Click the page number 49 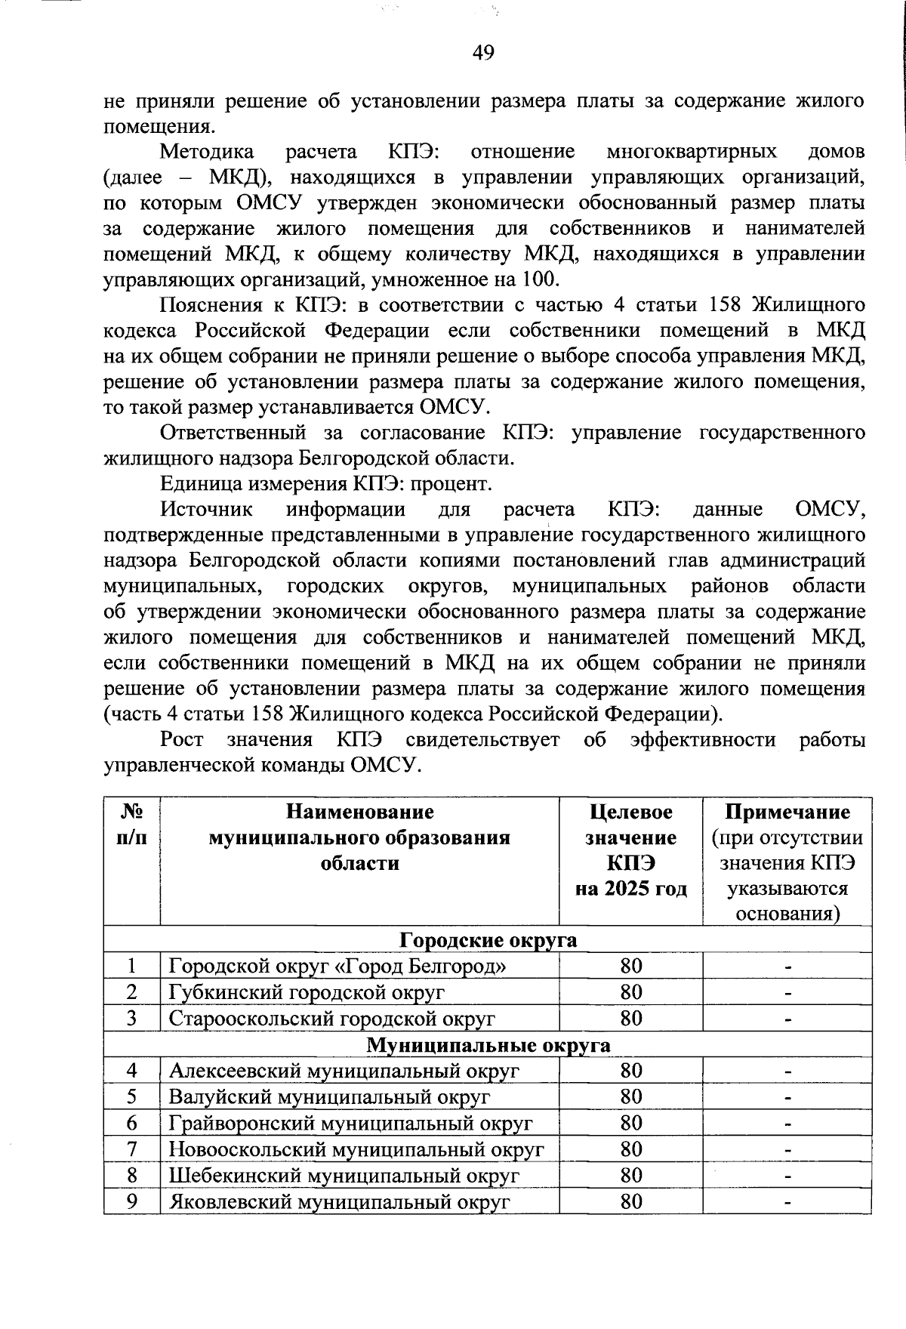482,52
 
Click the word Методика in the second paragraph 207,152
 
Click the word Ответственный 233,433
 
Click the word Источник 206,510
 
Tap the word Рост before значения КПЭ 181,739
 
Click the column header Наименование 359,812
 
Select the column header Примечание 787,812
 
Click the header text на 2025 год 630,888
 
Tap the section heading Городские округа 488,940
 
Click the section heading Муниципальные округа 488,1045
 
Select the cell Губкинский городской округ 307,992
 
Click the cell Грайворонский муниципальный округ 351,1124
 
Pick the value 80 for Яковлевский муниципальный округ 630,1201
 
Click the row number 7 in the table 132,1149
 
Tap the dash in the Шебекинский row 787,1176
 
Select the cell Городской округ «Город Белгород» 337,966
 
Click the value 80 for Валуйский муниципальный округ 630,1097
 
